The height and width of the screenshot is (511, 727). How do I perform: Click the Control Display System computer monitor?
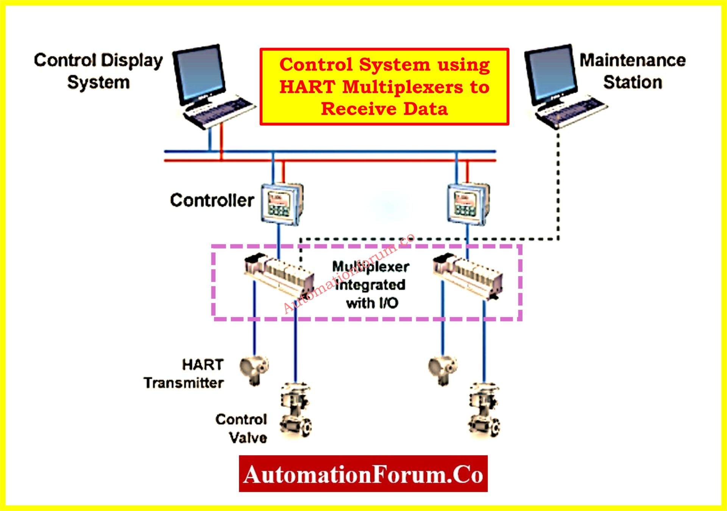click(x=199, y=74)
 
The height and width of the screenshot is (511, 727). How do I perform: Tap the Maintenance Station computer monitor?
click(x=551, y=74)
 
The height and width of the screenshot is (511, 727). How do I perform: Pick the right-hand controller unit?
click(x=468, y=204)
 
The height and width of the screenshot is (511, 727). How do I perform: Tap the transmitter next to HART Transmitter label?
click(x=254, y=369)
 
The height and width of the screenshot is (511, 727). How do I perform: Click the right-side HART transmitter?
click(x=443, y=369)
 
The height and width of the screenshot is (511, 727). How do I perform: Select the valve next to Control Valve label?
click(x=296, y=411)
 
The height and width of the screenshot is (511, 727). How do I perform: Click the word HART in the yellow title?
click(x=307, y=87)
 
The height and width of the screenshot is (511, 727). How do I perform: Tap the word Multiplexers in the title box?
click(x=403, y=87)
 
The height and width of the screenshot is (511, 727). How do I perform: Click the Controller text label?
click(x=212, y=200)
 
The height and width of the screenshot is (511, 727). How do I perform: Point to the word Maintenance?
click(x=632, y=60)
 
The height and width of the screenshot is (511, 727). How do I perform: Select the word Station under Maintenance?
click(x=632, y=82)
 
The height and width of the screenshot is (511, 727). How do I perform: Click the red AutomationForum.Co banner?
click(x=363, y=473)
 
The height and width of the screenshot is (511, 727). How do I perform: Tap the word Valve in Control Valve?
click(x=248, y=438)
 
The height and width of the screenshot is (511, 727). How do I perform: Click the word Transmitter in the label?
click(x=184, y=383)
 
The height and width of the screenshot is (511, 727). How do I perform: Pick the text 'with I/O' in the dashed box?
click(x=372, y=303)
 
